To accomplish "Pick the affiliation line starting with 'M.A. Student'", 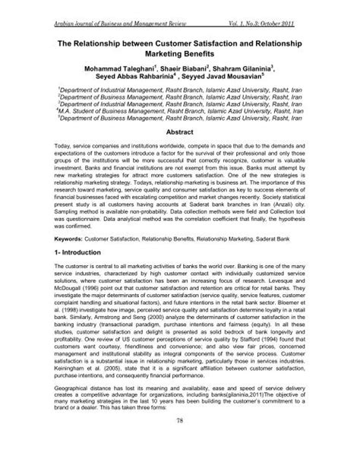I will [180, 110].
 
